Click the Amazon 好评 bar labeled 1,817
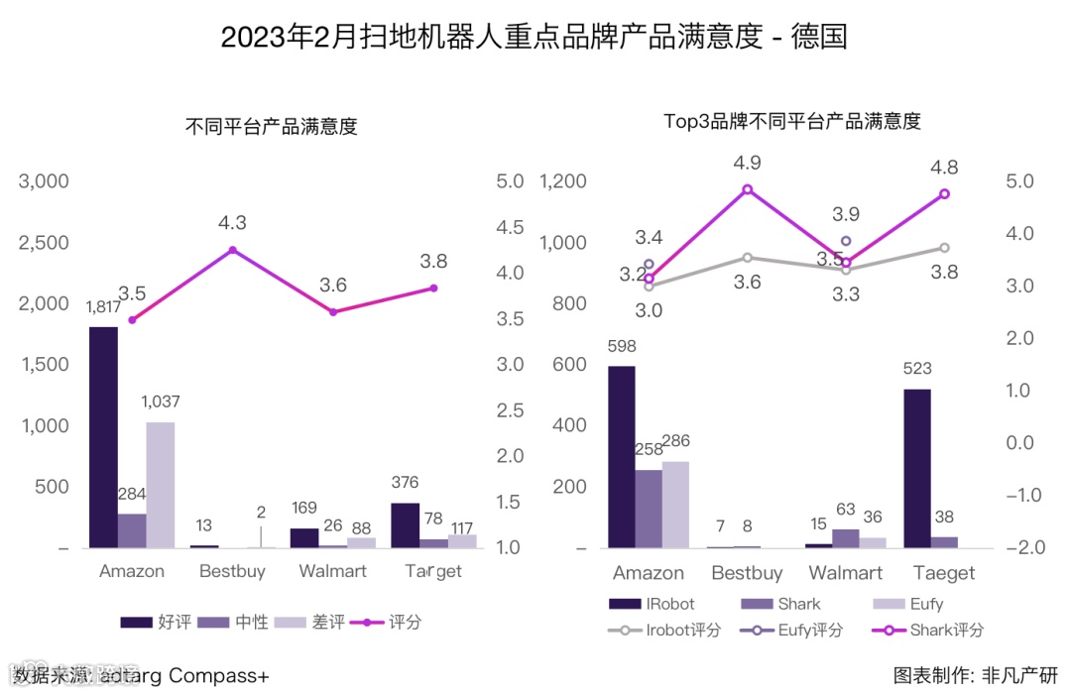coord(103,436)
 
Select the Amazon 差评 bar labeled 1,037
coord(160,485)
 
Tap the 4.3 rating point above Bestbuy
coord(232,250)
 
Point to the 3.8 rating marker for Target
coord(433,288)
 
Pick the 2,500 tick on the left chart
coord(45,243)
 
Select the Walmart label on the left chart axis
coord(333,571)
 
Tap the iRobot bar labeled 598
coord(622,457)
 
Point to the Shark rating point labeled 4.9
coord(748,189)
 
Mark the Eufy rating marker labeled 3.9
coord(846,241)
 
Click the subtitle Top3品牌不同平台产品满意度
coord(792,122)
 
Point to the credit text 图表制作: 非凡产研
coord(976,675)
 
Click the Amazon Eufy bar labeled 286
coord(675,505)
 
